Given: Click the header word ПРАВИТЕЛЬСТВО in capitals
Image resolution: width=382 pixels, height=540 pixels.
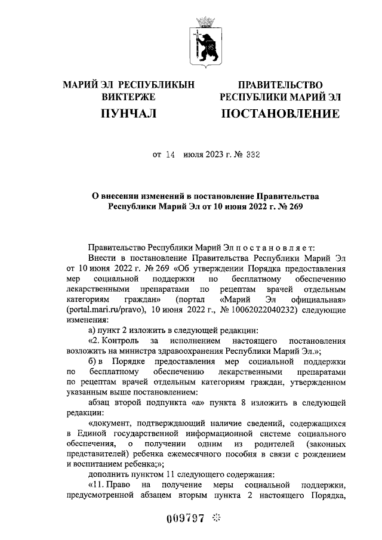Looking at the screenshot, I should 280,85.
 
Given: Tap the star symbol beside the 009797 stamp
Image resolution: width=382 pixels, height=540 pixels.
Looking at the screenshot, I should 215,518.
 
